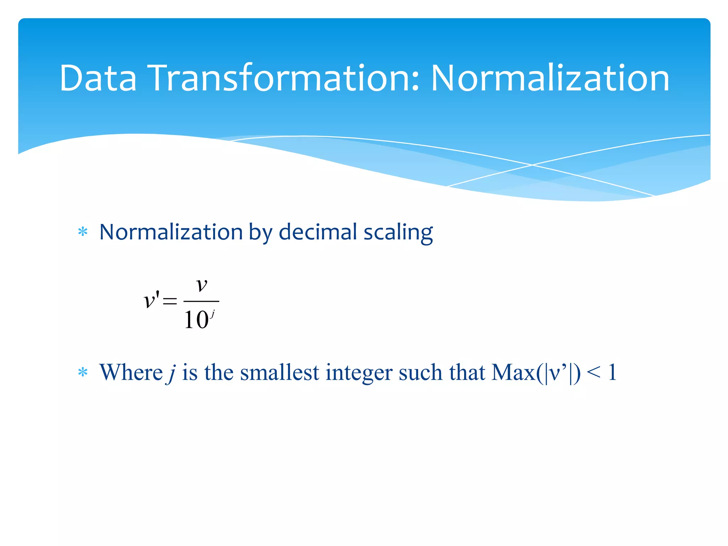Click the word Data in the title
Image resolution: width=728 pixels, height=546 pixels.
click(98, 78)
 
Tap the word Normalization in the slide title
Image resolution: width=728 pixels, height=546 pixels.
click(550, 78)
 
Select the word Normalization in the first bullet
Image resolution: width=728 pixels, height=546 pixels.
click(171, 232)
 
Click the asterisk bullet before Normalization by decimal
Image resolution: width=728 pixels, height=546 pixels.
click(83, 232)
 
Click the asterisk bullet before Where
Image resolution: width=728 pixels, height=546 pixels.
click(83, 372)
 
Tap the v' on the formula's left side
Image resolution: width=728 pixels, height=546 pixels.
click(151, 300)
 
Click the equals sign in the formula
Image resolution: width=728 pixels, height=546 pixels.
click(170, 301)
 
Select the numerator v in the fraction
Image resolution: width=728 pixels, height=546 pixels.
click(202, 285)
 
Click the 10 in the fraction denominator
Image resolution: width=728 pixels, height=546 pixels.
click(196, 320)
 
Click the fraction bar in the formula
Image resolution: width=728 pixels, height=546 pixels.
click(201, 301)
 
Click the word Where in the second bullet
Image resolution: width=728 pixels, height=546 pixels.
click(131, 373)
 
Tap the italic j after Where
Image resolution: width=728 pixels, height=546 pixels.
click(171, 373)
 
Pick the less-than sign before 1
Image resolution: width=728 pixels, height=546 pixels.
click(594, 373)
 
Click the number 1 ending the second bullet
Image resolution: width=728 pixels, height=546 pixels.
click(612, 373)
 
